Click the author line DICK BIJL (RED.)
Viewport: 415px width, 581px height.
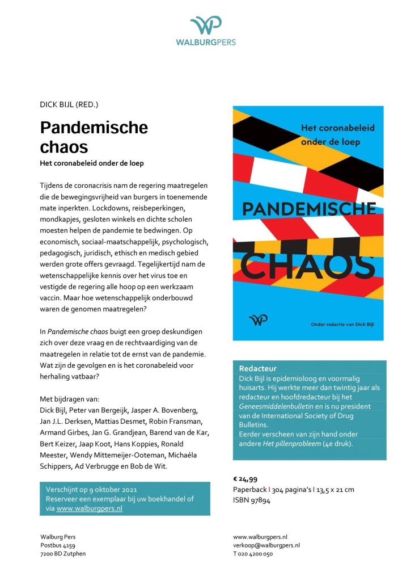69,104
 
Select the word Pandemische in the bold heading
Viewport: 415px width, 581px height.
94,128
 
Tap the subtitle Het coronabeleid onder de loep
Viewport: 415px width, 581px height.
92,163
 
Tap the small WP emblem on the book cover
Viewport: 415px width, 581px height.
258,321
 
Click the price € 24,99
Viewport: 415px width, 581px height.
248,479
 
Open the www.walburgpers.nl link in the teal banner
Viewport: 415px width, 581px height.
90,508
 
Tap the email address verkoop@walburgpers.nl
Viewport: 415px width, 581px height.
266,545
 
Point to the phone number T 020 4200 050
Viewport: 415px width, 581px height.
253,554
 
